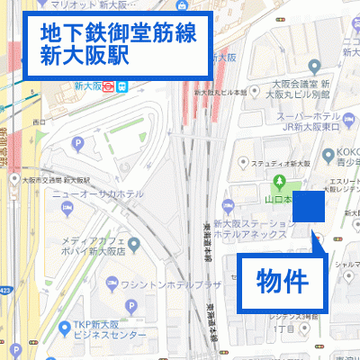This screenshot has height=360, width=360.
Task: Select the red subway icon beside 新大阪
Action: [107, 87]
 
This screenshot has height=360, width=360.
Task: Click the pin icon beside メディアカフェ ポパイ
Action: [133, 243]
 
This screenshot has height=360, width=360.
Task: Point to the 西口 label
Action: [38, 121]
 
